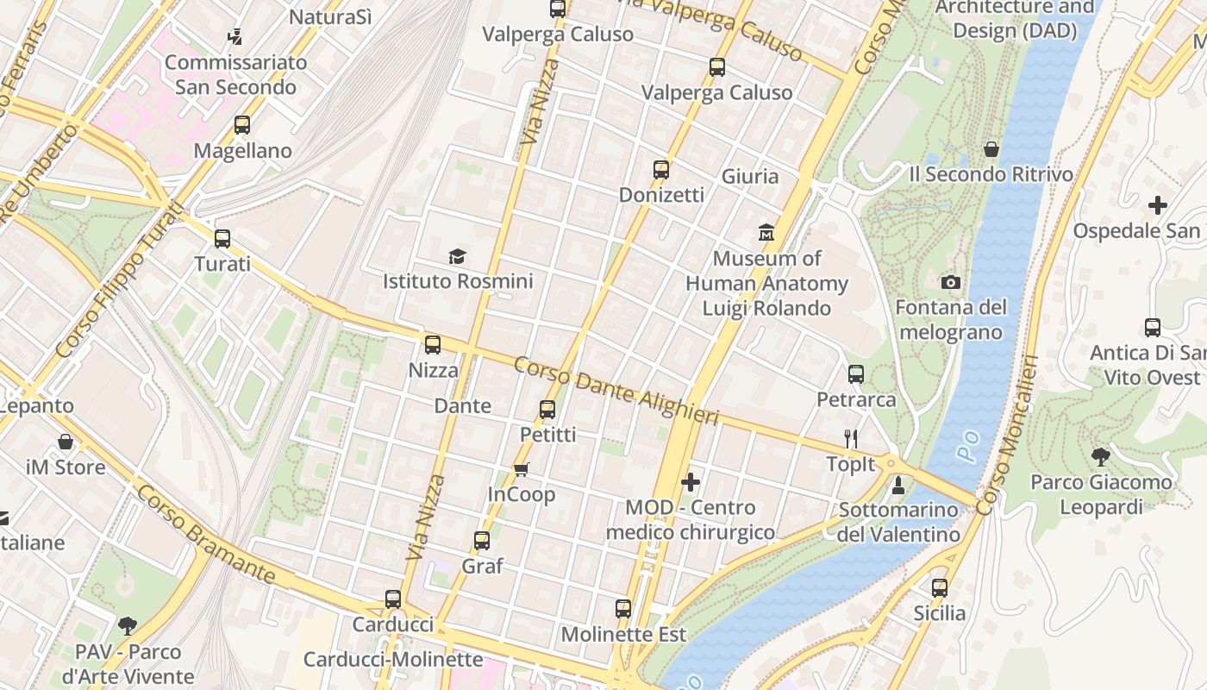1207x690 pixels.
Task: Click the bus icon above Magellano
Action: click(242, 125)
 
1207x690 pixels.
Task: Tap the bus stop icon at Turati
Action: click(222, 239)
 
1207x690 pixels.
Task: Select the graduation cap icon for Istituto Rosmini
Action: click(457, 256)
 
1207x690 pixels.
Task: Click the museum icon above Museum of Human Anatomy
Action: click(766, 232)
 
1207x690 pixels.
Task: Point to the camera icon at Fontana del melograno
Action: click(951, 283)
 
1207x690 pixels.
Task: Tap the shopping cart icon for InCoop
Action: click(521, 469)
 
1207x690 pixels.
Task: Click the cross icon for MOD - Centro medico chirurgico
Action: click(691, 482)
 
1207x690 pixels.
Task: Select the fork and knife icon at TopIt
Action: click(851, 439)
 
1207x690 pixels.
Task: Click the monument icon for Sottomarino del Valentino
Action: click(898, 485)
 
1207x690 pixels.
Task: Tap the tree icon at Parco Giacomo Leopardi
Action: click(1100, 456)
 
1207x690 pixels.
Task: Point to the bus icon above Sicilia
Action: click(940, 588)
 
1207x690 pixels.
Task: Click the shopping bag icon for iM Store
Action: click(66, 442)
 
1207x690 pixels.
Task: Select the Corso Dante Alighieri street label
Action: click(616, 391)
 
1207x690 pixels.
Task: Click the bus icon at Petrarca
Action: click(856, 374)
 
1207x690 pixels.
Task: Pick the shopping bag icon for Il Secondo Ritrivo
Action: click(991, 149)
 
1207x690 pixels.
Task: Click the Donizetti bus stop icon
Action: click(661, 170)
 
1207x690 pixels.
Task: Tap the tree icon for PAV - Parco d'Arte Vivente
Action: click(128, 625)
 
